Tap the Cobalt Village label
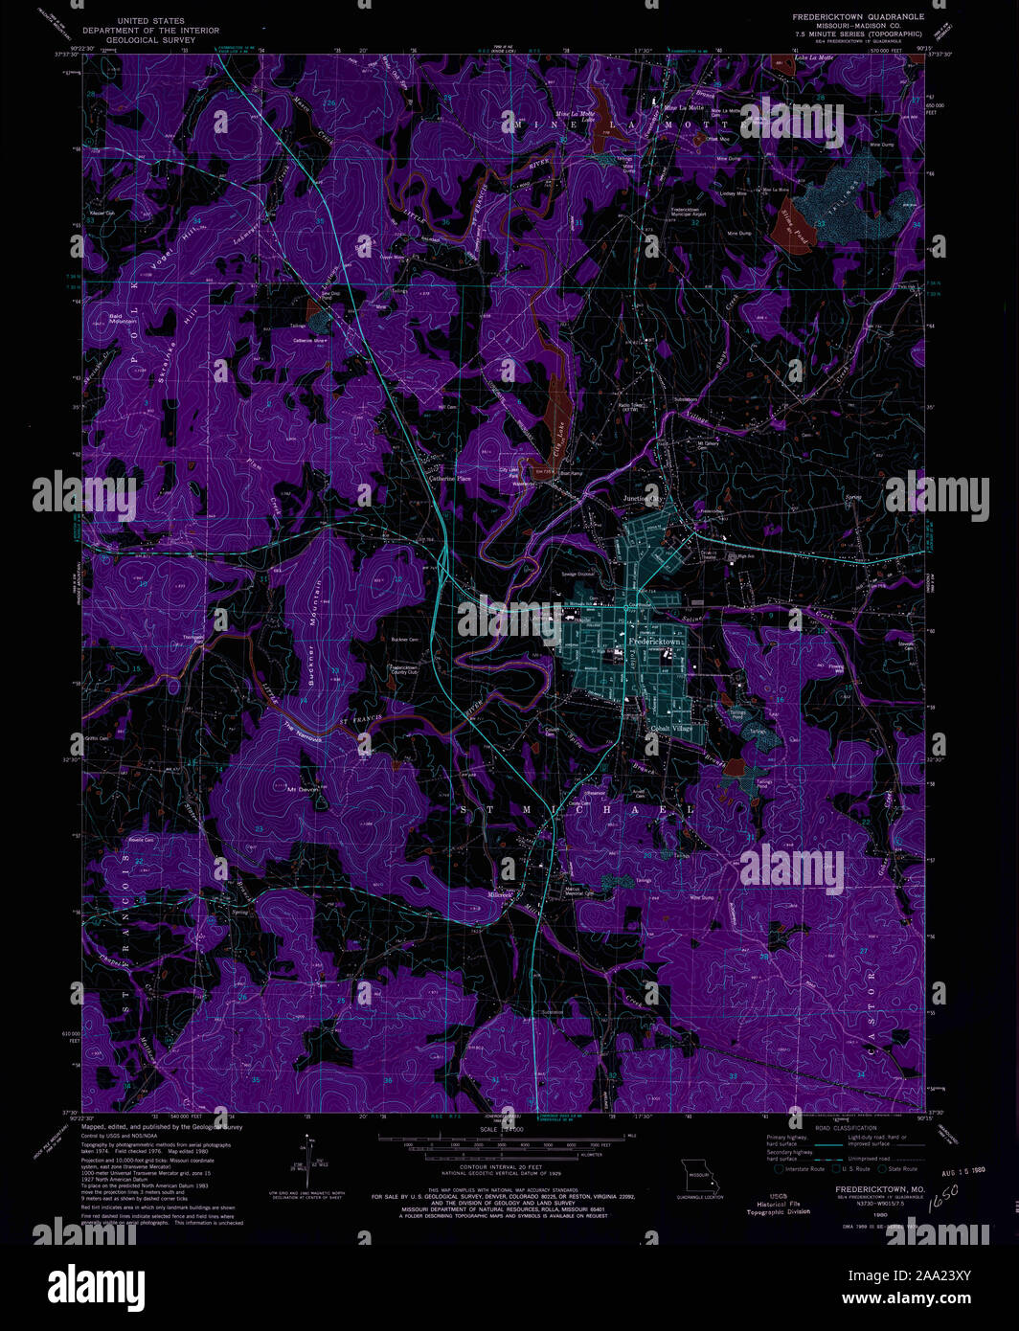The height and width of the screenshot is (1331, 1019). tap(670, 729)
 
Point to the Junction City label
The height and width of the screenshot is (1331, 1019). tap(643, 499)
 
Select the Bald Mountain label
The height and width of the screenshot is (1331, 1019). tap(123, 318)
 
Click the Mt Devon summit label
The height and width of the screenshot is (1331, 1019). tap(303, 790)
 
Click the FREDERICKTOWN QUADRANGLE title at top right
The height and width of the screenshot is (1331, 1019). tap(857, 16)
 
